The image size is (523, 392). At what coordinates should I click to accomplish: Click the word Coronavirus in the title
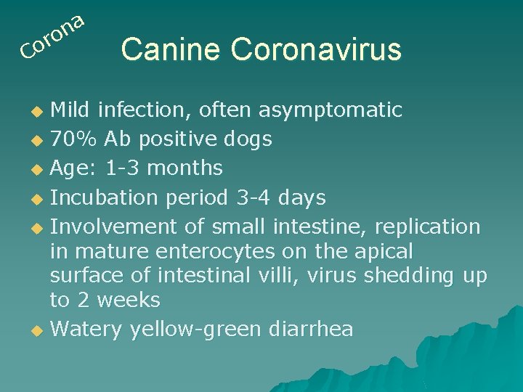tap(316, 49)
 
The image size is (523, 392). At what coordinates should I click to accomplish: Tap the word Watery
tap(86, 330)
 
